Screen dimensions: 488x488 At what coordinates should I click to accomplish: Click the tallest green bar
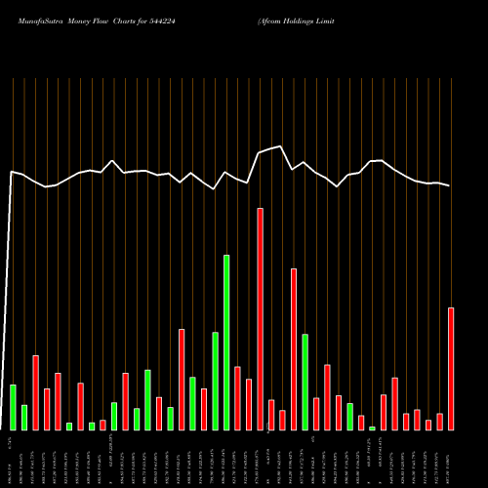click(226, 343)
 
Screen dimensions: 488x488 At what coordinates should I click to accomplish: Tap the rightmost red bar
click(451, 369)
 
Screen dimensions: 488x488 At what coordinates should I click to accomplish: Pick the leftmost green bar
click(13, 407)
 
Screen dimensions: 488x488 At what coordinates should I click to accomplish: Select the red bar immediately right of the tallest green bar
click(237, 398)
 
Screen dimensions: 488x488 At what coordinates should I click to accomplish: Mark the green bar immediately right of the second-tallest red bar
click(305, 382)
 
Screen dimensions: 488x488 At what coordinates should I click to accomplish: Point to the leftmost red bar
click(35, 392)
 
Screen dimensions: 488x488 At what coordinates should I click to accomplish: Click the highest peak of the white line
click(281, 146)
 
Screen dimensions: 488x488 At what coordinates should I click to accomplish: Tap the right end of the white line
click(450, 185)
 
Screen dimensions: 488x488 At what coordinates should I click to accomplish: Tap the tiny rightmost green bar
click(372, 427)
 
